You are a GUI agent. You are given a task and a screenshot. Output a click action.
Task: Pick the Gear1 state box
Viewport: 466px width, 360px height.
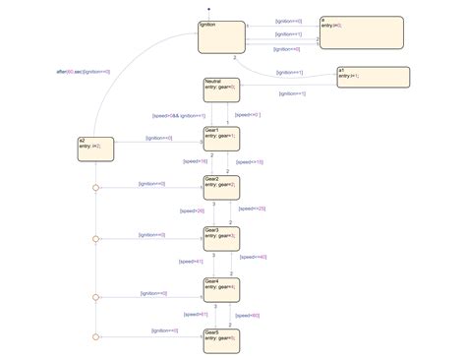tap(221, 140)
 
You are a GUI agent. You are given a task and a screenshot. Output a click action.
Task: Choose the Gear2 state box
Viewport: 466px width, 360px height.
tap(221, 188)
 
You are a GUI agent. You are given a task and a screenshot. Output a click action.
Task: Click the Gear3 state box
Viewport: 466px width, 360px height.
tap(221, 239)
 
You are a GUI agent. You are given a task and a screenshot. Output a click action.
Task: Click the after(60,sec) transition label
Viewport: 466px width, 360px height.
tap(84, 72)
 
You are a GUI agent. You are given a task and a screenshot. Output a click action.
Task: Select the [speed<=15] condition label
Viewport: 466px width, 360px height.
tap(252, 160)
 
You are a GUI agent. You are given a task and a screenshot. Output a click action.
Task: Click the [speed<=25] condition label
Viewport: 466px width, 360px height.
tap(254, 208)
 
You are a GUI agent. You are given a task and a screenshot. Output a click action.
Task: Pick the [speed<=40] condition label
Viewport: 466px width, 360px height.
tap(254, 257)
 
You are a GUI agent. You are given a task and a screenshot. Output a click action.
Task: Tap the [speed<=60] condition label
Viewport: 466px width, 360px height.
tap(247, 315)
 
